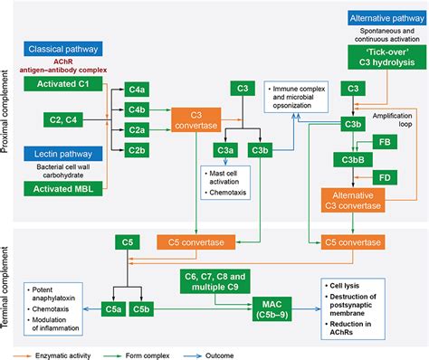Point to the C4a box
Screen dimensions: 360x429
[137, 90]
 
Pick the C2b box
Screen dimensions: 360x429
[137, 148]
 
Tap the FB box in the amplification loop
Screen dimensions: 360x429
[384, 143]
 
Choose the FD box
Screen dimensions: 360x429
[384, 178]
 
